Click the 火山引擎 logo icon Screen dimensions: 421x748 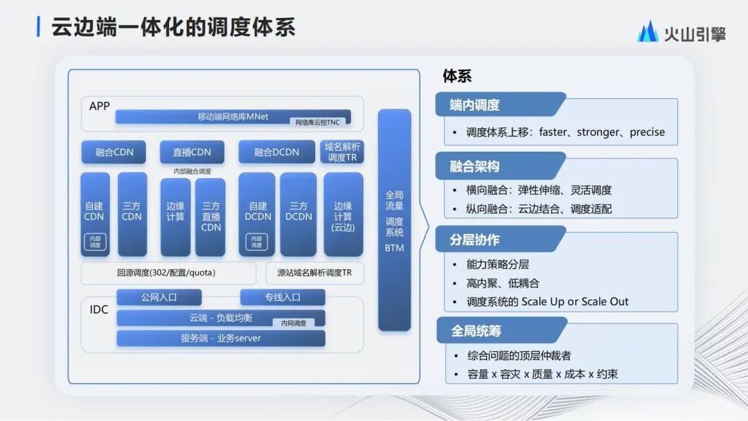pyautogui.click(x=648, y=32)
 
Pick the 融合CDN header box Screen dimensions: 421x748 pyautogui.click(x=114, y=152)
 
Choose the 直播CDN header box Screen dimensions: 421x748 pyautogui.click(x=192, y=152)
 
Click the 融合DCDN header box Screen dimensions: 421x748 pyautogui.click(x=276, y=152)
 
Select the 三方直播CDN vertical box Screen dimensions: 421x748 pyautogui.click(x=211, y=217)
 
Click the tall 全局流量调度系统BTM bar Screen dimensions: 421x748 pyautogui.click(x=394, y=220)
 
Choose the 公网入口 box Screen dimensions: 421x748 pyautogui.click(x=159, y=297)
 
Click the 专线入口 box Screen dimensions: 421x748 pyautogui.click(x=283, y=297)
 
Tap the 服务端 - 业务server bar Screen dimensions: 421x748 pyautogui.click(x=220, y=338)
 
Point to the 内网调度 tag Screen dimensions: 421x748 pyautogui.click(x=293, y=323)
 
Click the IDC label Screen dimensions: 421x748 pyautogui.click(x=99, y=310)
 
